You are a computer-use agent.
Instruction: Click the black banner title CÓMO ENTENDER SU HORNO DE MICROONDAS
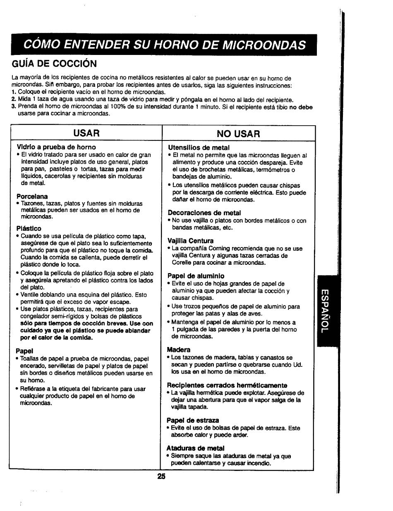click(x=164, y=45)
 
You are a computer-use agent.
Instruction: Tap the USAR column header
click(x=86, y=133)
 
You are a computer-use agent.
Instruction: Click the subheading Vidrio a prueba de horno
click(x=56, y=147)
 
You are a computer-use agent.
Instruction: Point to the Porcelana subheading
click(x=32, y=196)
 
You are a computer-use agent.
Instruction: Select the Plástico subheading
click(x=29, y=228)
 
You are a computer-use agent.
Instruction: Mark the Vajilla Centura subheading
click(x=190, y=241)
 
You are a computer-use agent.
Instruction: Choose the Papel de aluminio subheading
click(x=196, y=276)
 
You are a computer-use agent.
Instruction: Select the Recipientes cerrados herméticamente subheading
click(x=227, y=385)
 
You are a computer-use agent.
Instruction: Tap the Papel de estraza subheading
click(x=193, y=420)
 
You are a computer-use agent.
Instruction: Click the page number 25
click(x=161, y=476)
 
